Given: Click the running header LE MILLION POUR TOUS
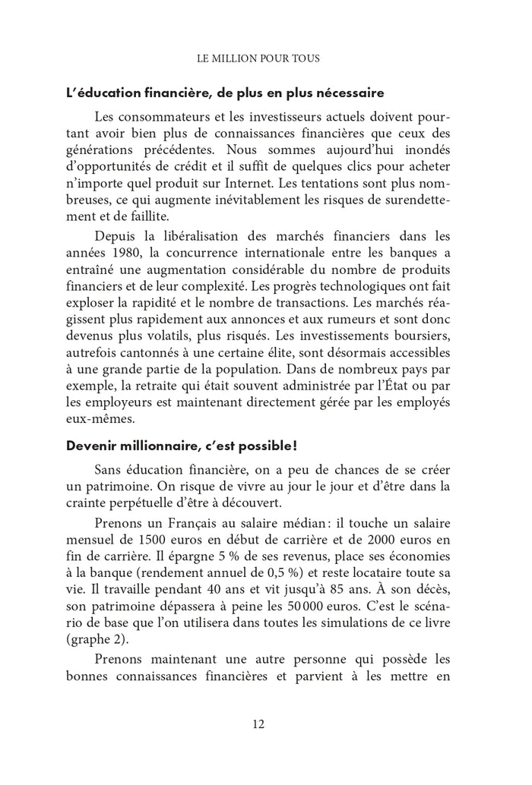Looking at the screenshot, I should tap(258, 58).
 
